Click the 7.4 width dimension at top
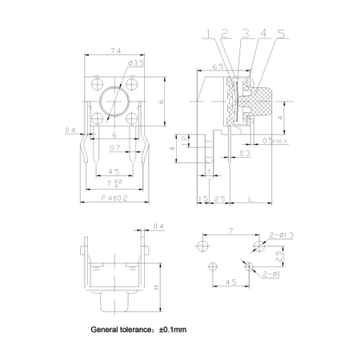click(116, 50)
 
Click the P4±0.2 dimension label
click(114, 197)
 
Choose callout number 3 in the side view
click(245, 34)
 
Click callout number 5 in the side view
click(281, 34)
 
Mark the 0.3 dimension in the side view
click(244, 152)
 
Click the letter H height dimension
click(157, 289)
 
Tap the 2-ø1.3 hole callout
click(282, 235)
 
